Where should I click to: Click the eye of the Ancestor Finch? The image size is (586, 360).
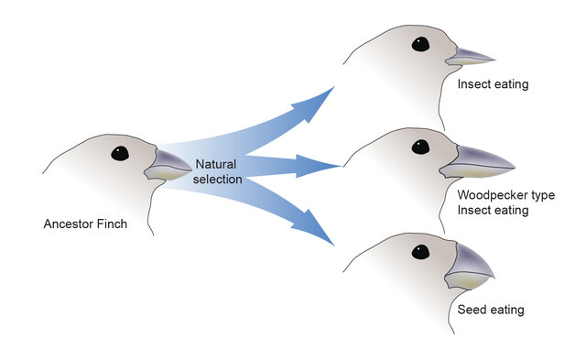(120, 154)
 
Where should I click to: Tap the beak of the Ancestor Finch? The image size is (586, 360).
(168, 165)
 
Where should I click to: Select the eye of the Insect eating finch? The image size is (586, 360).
(420, 43)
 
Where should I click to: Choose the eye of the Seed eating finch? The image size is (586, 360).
(420, 252)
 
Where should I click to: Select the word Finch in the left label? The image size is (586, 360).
(114, 224)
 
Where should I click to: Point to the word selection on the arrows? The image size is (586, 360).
(218, 179)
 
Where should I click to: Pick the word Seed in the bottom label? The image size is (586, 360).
(472, 310)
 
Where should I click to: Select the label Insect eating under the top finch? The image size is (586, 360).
(493, 85)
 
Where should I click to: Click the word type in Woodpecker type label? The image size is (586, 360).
(541, 195)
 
